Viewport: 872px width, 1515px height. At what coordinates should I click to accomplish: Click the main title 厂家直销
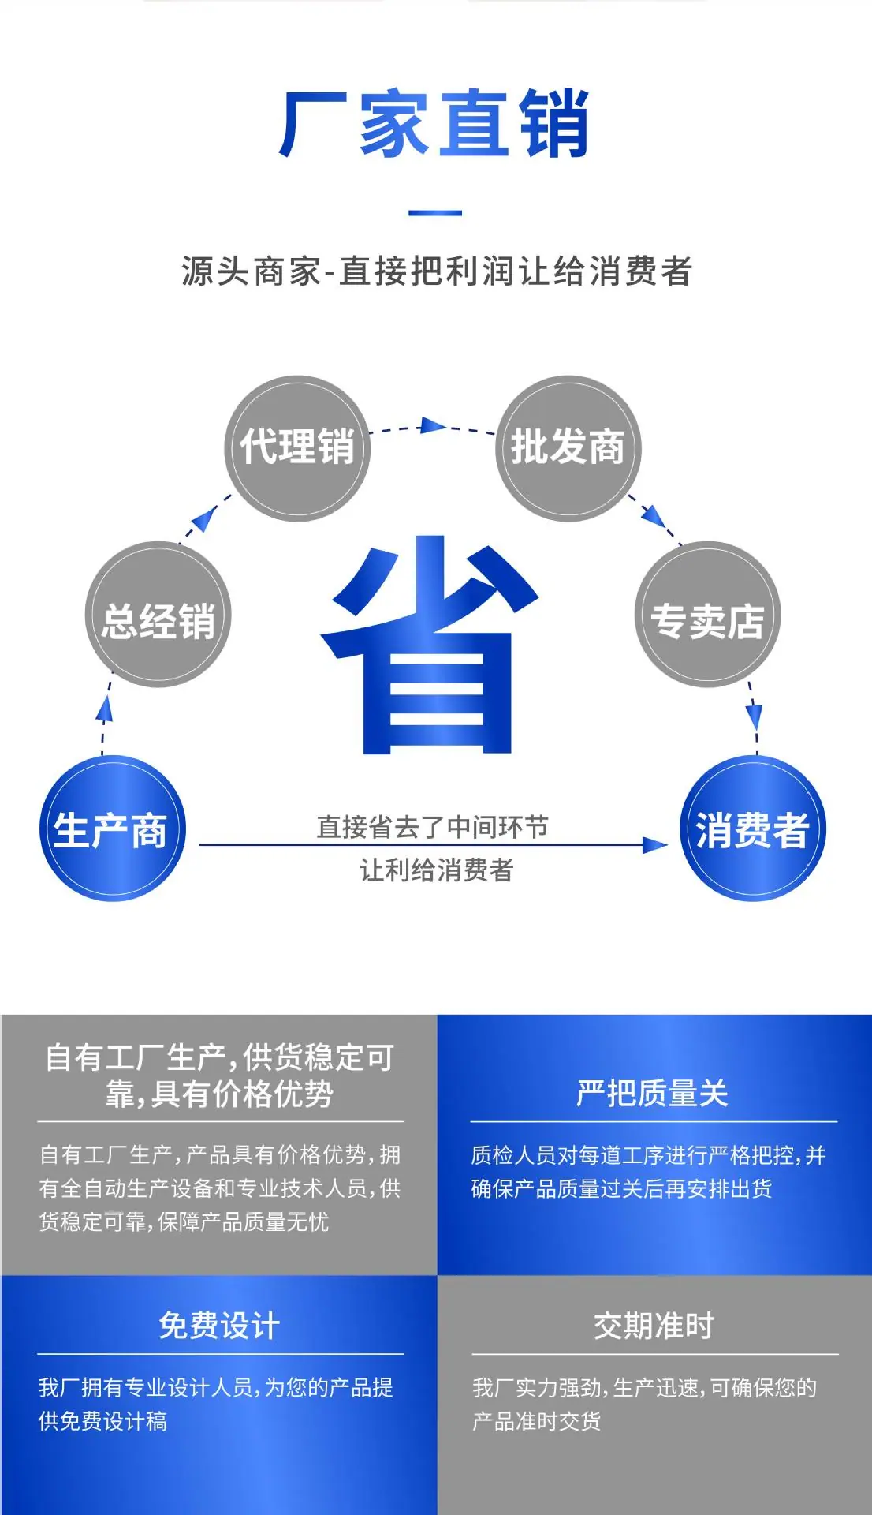point(434,123)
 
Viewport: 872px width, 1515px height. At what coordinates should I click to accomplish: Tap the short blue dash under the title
point(435,213)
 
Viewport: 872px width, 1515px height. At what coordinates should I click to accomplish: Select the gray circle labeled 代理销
point(297,447)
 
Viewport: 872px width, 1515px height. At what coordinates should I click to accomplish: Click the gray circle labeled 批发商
point(568,447)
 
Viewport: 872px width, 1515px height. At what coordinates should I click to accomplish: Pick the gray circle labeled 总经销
point(158,614)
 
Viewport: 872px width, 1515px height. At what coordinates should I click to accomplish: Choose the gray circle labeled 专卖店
point(707,614)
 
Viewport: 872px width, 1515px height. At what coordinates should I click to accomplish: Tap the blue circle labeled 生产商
point(112,829)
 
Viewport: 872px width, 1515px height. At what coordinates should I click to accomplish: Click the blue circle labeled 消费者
point(753,829)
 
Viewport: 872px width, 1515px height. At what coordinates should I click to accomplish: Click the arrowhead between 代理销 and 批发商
point(433,426)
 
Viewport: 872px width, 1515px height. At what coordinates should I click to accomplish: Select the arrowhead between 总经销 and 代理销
point(204,518)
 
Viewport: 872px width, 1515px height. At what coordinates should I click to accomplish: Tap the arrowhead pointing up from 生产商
point(104,709)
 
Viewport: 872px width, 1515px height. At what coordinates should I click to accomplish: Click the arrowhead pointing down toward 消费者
point(755,717)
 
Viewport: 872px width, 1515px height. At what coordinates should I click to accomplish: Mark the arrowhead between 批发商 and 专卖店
point(654,515)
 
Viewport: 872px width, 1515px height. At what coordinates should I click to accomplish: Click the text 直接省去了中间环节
point(432,827)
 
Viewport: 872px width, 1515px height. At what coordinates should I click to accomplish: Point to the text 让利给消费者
point(437,870)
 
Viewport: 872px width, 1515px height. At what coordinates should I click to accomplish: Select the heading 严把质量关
point(652,1093)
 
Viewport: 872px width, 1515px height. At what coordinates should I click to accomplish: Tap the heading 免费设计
point(219,1326)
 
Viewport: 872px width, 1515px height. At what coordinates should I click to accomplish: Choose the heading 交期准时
point(654,1326)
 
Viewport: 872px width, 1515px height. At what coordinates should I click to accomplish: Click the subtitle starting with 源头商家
point(437,271)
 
